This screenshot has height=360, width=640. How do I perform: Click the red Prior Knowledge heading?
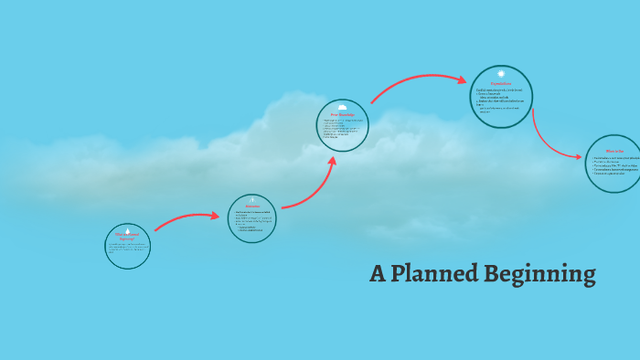[342, 114]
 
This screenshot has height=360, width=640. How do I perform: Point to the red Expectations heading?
[500, 84]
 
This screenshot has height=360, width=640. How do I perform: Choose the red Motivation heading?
[252, 206]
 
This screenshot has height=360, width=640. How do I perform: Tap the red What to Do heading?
[614, 150]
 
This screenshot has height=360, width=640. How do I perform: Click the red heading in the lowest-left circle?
[127, 237]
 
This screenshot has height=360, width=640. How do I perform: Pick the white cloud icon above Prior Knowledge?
[343, 106]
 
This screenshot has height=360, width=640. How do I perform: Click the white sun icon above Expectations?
[501, 73]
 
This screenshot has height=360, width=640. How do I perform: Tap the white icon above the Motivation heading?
[252, 199]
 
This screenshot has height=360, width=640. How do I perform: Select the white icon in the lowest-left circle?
[127, 229]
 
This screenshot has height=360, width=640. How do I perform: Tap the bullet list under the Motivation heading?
[251, 220]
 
